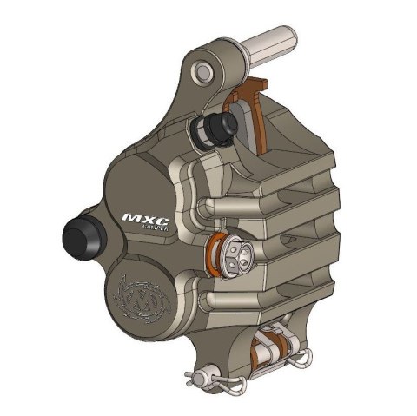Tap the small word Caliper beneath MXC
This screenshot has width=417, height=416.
click(150, 228)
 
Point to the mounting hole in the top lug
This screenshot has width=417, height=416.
click(202, 70)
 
